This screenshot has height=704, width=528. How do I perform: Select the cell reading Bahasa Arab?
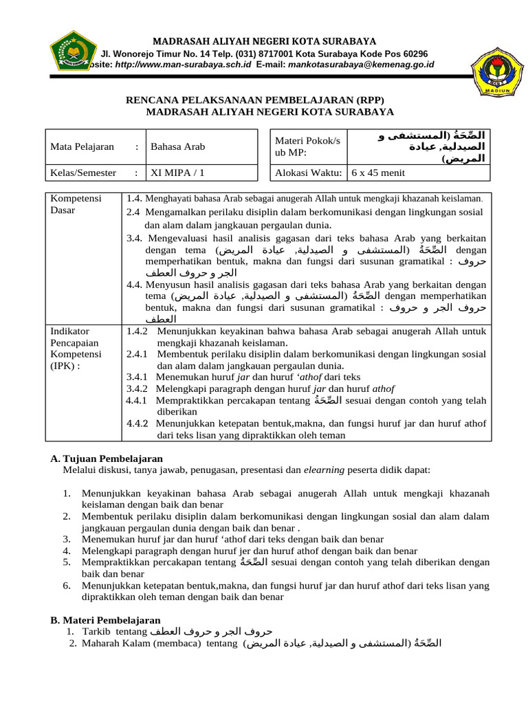point(177,146)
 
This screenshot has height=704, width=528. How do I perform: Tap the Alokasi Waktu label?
point(307,173)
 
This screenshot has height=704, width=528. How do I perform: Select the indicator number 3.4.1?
point(140,377)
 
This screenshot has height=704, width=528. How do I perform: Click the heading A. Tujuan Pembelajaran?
point(107,458)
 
